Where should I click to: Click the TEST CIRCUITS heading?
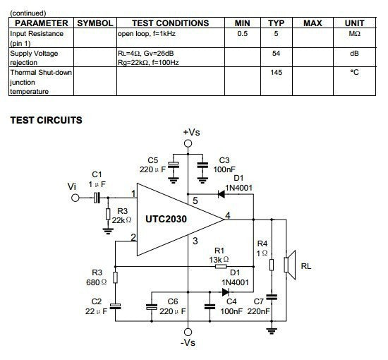tap(46, 120)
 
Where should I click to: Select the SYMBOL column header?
tap(95, 23)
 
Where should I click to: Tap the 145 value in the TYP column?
tap(276, 72)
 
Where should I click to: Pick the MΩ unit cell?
tap(354, 33)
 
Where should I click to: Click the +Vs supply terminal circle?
tap(188, 143)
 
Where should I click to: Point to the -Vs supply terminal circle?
tap(188, 332)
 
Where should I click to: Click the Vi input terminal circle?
tap(75, 198)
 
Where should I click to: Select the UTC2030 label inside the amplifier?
tap(166, 219)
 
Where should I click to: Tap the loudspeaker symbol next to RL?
tap(290, 265)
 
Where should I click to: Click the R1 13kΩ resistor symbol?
tap(221, 266)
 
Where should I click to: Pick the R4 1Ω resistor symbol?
tap(272, 265)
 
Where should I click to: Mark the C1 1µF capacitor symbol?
tap(97, 198)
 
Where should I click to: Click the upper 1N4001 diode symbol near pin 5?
tap(222, 194)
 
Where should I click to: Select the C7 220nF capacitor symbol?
tap(272, 297)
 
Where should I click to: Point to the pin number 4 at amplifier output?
tap(228, 215)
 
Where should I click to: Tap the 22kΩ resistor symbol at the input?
tap(108, 214)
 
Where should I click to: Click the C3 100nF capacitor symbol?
tap(202, 165)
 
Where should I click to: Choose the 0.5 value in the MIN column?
tap(242, 33)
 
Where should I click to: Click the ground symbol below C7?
tap(272, 331)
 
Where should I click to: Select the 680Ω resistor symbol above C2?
tap(115, 277)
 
